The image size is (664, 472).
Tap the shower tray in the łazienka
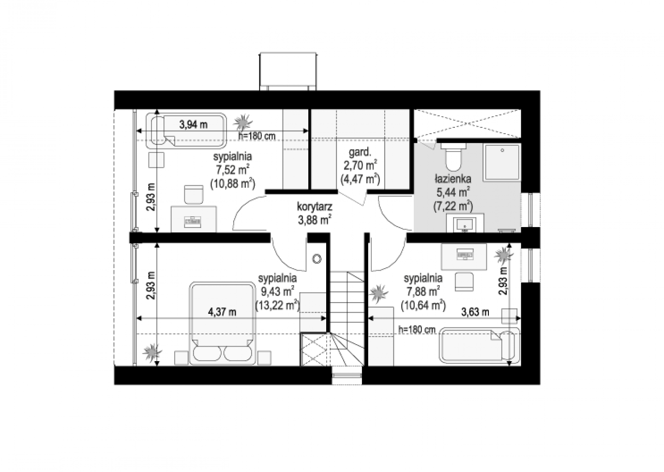pyautogui.click(x=502, y=162)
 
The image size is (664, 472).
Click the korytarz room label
pyautogui.click(x=315, y=207)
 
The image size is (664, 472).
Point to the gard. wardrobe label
pyautogui.click(x=360, y=152)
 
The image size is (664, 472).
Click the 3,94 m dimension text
pyautogui.click(x=193, y=125)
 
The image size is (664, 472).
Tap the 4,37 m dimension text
pyautogui.click(x=222, y=312)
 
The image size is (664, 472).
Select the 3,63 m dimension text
pyautogui.click(x=475, y=312)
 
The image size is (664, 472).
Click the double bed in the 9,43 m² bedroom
pyautogui.click(x=222, y=323)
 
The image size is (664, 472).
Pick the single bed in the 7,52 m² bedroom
pyautogui.click(x=186, y=130)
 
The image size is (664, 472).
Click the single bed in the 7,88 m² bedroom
pyautogui.click(x=480, y=345)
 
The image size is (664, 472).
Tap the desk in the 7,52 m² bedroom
pyautogui.click(x=193, y=220)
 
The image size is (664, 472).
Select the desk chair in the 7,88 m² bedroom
pyautogui.click(x=464, y=282)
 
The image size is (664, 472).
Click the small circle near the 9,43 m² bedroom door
pyautogui.click(x=317, y=259)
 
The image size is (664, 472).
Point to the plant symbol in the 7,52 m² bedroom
pyautogui.click(x=243, y=122)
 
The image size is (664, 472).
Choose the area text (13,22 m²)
pyautogui.click(x=278, y=306)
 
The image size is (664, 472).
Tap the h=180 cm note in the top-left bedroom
pyautogui.click(x=257, y=136)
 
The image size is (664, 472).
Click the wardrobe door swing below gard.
pyautogui.click(x=352, y=198)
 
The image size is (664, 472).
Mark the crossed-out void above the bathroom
pyautogui.click(x=467, y=124)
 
